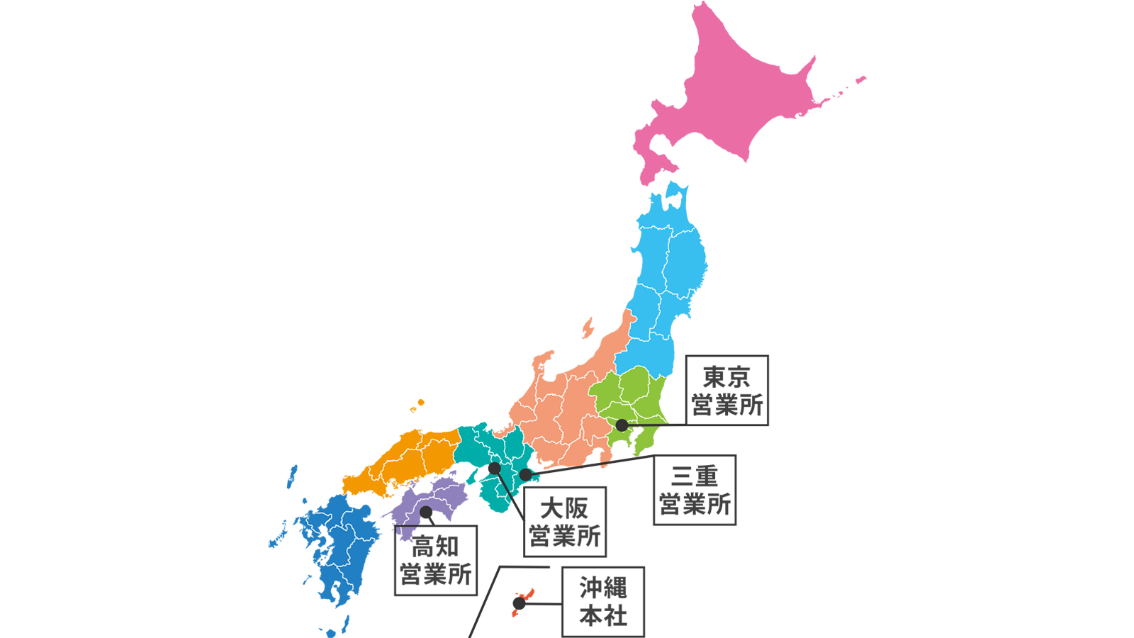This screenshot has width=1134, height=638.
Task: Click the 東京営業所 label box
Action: [727, 391]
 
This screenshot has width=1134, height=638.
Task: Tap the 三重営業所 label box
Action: [695, 490]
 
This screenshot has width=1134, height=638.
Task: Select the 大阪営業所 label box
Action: [565, 522]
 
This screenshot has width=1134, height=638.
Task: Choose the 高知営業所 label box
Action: [435, 560]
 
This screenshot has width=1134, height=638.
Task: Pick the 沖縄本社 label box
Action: [603, 601]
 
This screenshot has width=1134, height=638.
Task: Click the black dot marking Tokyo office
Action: [622, 425]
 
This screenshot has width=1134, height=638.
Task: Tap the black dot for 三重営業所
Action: [525, 474]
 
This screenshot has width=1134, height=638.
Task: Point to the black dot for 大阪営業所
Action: [494, 469]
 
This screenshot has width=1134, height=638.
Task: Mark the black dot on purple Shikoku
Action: [426, 512]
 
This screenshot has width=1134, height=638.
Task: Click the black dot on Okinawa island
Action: [519, 603]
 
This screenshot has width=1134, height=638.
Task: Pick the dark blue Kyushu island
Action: [340, 546]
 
